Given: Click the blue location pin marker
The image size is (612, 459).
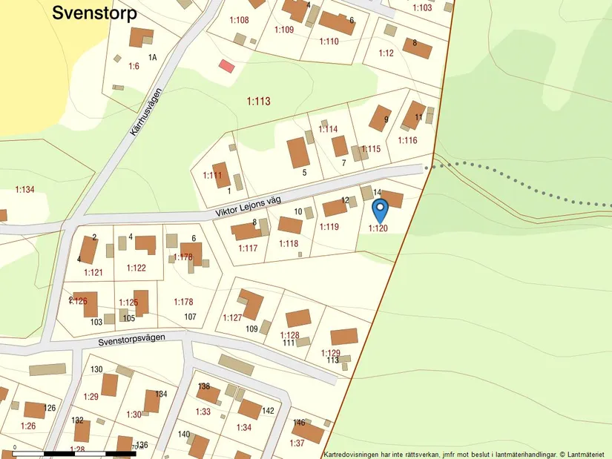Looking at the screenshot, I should pyautogui.click(x=379, y=211).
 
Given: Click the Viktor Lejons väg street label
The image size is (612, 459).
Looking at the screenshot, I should pyautogui.click(x=250, y=202).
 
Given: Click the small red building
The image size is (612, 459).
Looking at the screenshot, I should pyautogui.click(x=226, y=66).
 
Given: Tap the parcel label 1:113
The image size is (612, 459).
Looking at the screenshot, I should pyautogui.click(x=259, y=102).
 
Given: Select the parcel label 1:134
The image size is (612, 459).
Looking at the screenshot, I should pyautogui.click(x=24, y=190).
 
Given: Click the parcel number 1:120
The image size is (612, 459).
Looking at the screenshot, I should pyautogui.click(x=378, y=228).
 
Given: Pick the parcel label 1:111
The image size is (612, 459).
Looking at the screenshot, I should pyautogui.click(x=212, y=176).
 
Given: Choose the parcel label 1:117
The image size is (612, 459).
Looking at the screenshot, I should pyautogui.click(x=248, y=248).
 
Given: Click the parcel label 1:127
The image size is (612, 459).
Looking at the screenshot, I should pyautogui.click(x=232, y=317).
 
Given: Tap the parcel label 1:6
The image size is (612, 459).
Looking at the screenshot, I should pyautogui.click(x=134, y=66).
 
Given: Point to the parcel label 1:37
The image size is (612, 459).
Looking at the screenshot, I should pyautogui.click(x=297, y=443).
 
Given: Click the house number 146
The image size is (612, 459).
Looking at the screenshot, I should pyautogui.click(x=299, y=423).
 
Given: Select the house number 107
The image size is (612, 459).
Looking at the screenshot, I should pyautogui.click(x=190, y=317).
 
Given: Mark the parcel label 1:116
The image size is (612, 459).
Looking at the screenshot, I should pyautogui.click(x=407, y=140).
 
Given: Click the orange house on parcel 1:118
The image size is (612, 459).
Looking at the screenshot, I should pyautogui.click(x=290, y=225).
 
